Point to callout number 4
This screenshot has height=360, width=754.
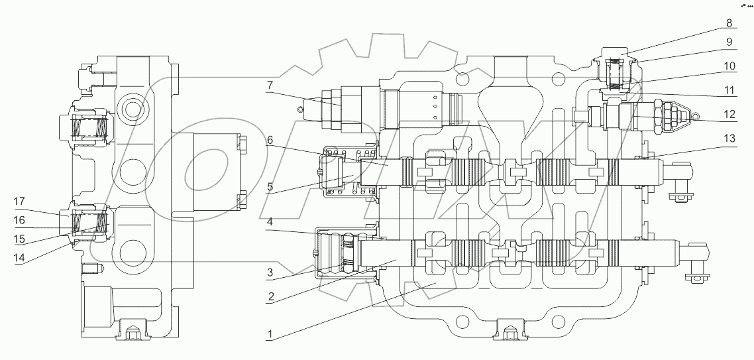270,221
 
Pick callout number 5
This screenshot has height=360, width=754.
270,187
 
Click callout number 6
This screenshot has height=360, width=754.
270,141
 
